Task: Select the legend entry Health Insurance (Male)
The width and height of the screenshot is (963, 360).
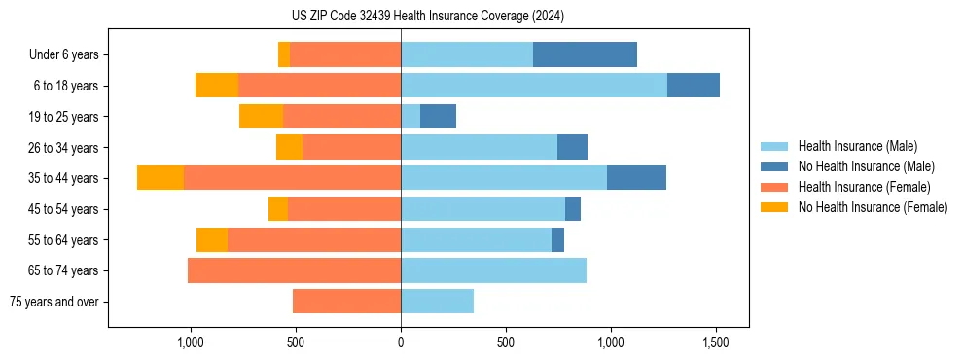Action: pyautogui.click(x=857, y=146)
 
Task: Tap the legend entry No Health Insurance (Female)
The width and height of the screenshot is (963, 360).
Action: pyautogui.click(x=873, y=207)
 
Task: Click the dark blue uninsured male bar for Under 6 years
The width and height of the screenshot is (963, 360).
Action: pyautogui.click(x=585, y=54)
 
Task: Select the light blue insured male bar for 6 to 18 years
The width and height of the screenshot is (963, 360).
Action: pyautogui.click(x=533, y=86)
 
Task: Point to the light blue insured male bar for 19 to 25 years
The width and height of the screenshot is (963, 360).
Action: pyautogui.click(x=410, y=116)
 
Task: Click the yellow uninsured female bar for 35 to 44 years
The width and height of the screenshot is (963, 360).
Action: pyautogui.click(x=160, y=178)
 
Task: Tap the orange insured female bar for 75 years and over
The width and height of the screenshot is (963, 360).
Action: pyautogui.click(x=346, y=302)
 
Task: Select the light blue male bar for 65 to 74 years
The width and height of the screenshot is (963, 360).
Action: pyautogui.click(x=493, y=270)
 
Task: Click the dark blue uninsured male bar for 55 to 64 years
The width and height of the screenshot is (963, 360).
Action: pyautogui.click(x=557, y=239)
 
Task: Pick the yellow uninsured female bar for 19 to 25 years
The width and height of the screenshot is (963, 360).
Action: pyautogui.click(x=261, y=116)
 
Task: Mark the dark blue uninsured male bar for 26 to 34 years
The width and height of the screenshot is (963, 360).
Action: pyautogui.click(x=572, y=147)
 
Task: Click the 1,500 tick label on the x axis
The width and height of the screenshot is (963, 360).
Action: pyautogui.click(x=716, y=343)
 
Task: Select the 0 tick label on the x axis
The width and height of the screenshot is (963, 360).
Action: pyautogui.click(x=401, y=343)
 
